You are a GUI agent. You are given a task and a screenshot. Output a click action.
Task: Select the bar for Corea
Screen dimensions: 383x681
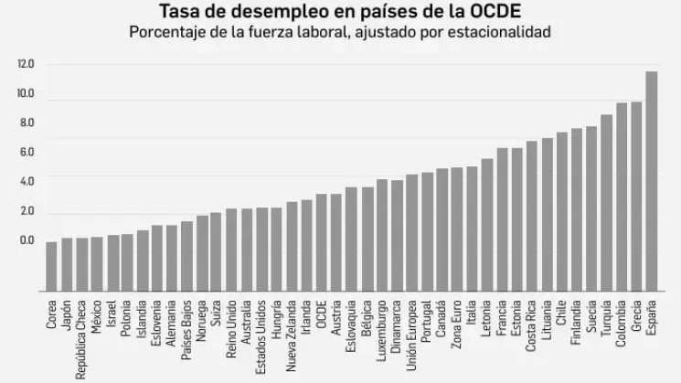click(51, 266)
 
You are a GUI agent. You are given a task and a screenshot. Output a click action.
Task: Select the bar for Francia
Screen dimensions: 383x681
click(502, 219)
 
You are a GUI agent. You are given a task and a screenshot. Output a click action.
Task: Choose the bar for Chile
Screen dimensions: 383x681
click(561, 211)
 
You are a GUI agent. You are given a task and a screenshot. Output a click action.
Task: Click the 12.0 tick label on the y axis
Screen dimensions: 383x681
click(26, 64)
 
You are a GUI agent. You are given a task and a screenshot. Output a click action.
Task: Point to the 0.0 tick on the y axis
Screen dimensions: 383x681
click(26, 240)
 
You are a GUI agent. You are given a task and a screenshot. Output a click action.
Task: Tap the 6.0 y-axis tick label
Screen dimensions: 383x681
click(26, 152)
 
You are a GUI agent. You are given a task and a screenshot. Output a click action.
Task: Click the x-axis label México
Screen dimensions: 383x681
click(97, 315)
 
